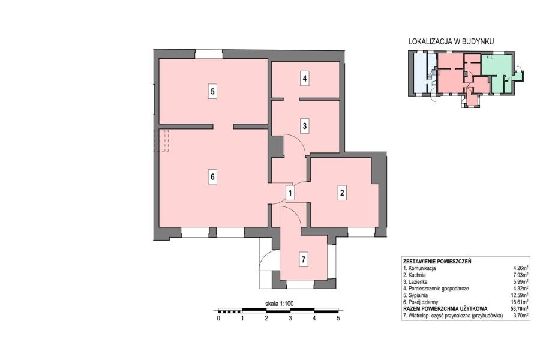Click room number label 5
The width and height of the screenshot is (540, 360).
[212, 92]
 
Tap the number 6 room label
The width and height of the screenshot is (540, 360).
[212, 177]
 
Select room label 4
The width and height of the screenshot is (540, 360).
[304, 79]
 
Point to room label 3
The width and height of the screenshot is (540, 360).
[304, 126]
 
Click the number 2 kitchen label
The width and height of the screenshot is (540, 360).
[342, 193]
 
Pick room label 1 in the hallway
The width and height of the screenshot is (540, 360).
[290, 193]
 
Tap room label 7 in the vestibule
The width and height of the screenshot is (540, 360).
[303, 259]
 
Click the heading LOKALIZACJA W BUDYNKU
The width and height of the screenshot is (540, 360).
[451, 41]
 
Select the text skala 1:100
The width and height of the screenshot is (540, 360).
[279, 304]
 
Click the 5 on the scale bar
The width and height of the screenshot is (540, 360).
[338, 319]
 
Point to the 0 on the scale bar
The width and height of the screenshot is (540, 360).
[218, 319]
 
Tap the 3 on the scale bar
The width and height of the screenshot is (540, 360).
[290, 319]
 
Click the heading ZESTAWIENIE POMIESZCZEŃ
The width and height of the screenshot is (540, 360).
[437, 261]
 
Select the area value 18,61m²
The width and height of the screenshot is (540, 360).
[520, 302]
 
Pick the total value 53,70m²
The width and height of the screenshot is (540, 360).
[520, 308]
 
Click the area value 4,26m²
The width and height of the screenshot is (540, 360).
[521, 268]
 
